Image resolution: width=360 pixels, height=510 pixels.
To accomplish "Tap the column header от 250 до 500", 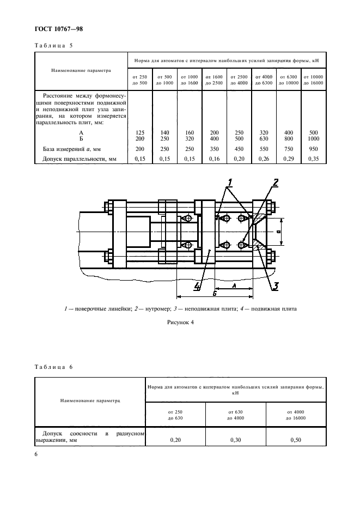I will point(139,80).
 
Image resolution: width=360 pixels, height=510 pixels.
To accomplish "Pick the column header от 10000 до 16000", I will point(313,80).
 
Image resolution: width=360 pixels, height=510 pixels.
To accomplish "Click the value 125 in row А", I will point(139,132).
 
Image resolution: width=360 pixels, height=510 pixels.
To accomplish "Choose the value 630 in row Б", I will point(263,138).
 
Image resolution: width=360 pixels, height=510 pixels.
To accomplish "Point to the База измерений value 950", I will point(313,149).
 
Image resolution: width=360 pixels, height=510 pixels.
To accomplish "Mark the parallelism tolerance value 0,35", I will point(313,159).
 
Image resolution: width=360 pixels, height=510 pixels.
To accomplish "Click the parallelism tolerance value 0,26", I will point(263,159).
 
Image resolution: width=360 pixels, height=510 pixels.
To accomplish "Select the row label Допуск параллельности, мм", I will point(80,159).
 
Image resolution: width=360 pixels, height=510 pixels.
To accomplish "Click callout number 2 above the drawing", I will point(276,183).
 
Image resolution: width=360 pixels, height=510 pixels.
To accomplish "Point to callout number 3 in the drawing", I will point(276,285).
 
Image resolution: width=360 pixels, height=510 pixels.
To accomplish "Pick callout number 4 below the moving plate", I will point(198,286).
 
